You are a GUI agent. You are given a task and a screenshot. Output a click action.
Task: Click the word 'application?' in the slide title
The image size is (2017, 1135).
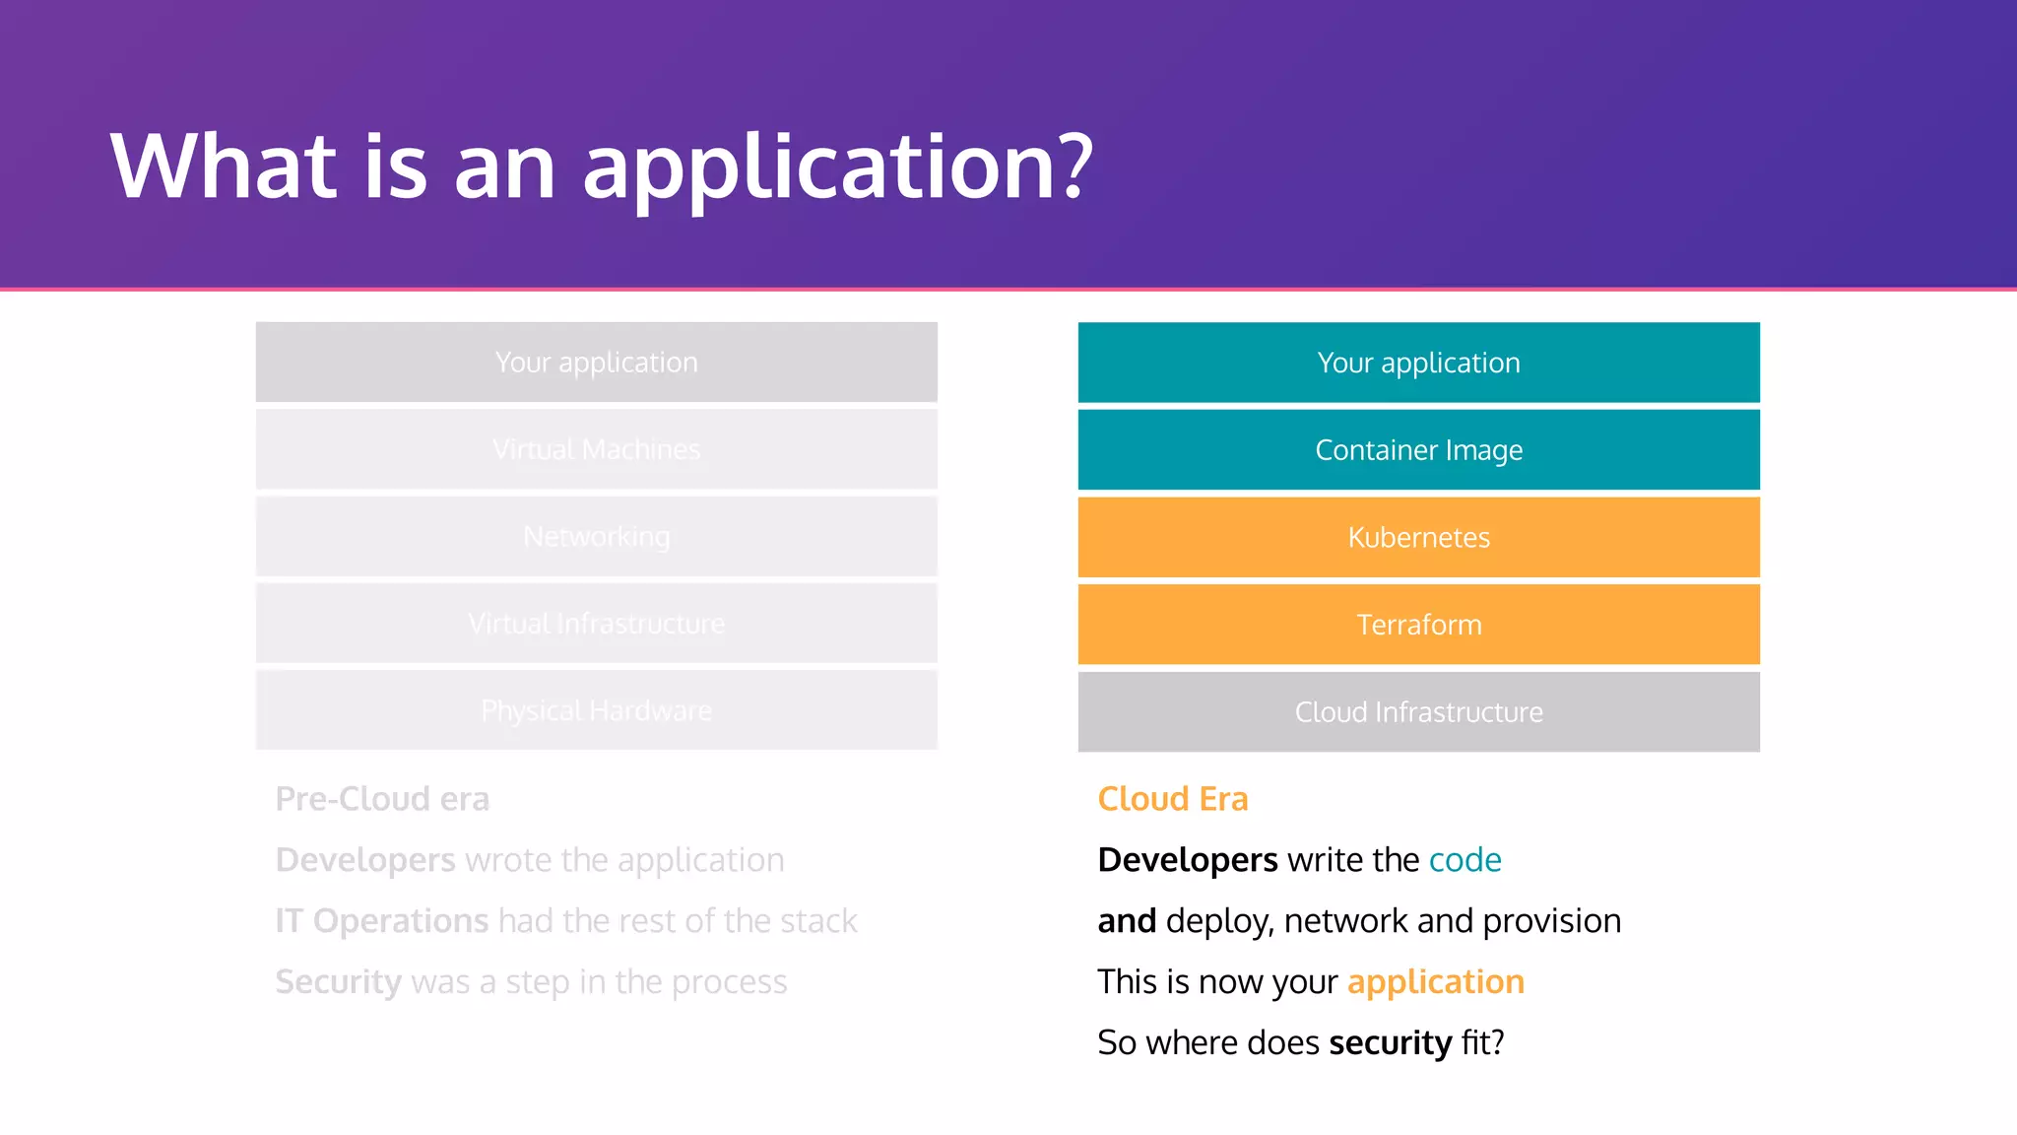pos(837,167)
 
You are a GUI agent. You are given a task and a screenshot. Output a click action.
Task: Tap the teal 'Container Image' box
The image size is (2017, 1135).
pos(1418,449)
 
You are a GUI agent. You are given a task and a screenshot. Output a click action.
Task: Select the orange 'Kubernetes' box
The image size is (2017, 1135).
pos(1418,537)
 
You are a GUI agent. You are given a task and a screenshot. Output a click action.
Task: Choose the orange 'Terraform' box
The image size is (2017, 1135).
pos(1418,625)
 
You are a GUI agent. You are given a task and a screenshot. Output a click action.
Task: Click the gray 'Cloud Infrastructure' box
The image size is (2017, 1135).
pos(1418,711)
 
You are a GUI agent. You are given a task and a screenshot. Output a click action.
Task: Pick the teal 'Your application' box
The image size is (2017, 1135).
pos(1418,363)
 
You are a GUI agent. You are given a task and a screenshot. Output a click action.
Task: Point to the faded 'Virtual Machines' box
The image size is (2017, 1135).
pos(596,449)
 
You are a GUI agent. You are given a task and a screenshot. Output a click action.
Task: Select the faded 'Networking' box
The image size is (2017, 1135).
pos(596,537)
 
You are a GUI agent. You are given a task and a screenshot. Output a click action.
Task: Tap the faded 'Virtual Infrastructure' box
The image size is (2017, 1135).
pos(596,624)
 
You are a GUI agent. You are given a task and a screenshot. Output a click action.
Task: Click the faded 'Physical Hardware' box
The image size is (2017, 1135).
pos(596,710)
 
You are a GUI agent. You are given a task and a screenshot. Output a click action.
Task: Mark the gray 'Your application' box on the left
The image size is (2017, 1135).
pos(596,363)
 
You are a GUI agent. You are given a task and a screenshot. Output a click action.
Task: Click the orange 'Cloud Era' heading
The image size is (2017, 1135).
pos(1172,799)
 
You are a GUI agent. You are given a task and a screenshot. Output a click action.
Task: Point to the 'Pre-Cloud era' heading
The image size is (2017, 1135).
pos(382,799)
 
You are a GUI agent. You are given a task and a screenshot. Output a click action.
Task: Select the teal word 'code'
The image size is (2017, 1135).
pos(1464,861)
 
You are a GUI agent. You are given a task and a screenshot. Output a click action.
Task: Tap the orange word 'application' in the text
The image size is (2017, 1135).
pos(1435,982)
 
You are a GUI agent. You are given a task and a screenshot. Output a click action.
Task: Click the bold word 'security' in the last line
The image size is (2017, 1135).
pos(1390,1043)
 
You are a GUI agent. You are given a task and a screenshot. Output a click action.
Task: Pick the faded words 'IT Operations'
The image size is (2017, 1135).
pos(382,921)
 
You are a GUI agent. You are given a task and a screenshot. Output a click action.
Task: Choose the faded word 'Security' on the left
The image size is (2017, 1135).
pos(338,982)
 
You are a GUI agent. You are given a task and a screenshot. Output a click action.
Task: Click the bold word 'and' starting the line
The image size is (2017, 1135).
pos(1127,921)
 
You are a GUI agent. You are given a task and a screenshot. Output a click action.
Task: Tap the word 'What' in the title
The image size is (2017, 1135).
pos(225,167)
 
